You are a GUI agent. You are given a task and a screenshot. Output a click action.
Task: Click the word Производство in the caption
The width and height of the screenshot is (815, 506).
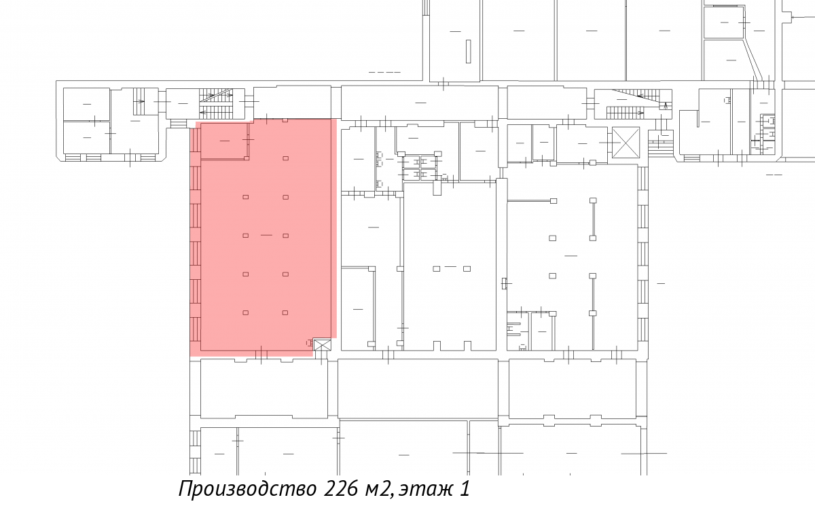pos(247,489)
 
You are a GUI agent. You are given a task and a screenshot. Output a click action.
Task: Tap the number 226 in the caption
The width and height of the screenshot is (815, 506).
pos(341,488)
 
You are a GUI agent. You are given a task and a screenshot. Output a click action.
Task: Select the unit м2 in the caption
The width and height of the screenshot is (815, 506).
pos(378,490)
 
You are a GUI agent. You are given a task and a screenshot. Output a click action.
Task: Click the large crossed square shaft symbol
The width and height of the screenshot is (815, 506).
pos(626,142)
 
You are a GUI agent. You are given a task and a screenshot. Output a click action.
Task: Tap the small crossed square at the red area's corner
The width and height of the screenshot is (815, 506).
pos(322,344)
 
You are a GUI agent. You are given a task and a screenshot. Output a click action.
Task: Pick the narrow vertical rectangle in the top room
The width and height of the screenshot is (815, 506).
pos(468,52)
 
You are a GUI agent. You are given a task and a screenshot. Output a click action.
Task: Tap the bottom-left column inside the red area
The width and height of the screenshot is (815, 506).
pos(246,313)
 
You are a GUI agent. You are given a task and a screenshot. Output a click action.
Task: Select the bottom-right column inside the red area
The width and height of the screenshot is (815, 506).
pos(286,313)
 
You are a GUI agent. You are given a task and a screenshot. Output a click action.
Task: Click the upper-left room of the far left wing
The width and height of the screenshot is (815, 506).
pos(87,104)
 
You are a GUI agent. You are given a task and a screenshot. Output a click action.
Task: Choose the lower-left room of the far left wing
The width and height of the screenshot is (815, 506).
pos(87,137)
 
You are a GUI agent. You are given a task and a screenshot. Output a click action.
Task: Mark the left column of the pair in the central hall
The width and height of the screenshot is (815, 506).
pos(436,269)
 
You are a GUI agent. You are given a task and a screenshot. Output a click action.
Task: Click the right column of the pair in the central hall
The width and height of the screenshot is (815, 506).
pos(467,269)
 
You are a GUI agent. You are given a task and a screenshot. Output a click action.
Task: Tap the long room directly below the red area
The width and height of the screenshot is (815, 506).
pos(264,388)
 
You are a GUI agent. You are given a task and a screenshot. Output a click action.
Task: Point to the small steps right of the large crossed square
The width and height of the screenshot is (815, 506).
pos(659,144)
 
